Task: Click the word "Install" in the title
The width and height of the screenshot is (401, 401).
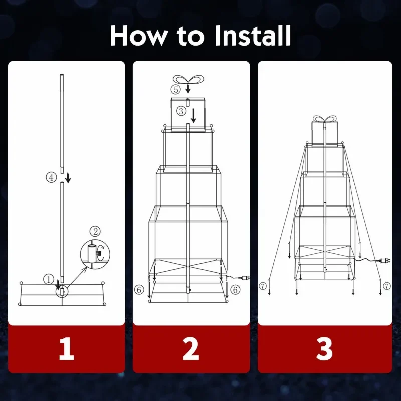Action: (253, 35)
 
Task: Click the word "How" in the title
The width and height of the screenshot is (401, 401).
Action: (138, 36)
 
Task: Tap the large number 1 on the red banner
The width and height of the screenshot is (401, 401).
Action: (67, 349)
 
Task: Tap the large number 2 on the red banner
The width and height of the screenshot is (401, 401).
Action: (191, 349)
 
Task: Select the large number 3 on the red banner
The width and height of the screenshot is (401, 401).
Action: (324, 349)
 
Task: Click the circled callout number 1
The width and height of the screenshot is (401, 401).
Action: (48, 279)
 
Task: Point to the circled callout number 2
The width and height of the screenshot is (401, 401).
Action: (95, 231)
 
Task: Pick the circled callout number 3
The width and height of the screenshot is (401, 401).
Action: (181, 111)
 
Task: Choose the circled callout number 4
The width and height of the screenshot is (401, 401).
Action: (51, 177)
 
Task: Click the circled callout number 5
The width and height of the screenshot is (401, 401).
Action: (176, 90)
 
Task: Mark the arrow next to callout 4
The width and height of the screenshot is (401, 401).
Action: (68, 178)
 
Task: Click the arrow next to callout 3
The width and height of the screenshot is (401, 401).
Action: (194, 116)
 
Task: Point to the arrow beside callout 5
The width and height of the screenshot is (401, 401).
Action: (188, 89)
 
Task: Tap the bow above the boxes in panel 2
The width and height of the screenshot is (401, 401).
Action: (188, 79)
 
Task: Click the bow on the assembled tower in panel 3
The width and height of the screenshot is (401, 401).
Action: (324, 119)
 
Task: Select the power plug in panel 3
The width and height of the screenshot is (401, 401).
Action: (384, 261)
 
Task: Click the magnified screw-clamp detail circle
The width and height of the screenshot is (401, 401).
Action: (95, 254)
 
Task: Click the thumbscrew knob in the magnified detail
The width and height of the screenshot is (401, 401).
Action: (98, 254)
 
